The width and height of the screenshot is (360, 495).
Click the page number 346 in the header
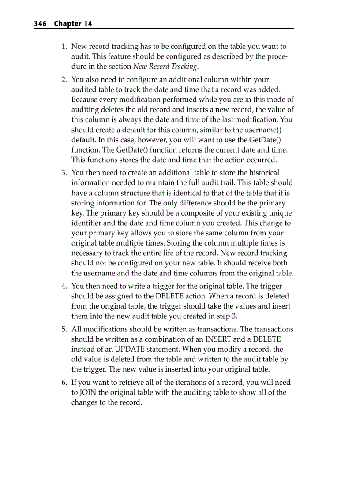(40, 24)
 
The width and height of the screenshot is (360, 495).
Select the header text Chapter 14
(73, 24)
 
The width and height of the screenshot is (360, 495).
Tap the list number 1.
(64, 46)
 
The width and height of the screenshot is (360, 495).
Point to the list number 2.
(64, 80)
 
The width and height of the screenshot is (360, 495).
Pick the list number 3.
(64, 173)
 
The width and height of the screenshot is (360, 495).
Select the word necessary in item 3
(87, 253)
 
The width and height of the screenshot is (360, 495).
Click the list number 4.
(64, 287)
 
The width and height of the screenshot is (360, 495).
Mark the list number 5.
(64, 329)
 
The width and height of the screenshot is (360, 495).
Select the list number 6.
(64, 383)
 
